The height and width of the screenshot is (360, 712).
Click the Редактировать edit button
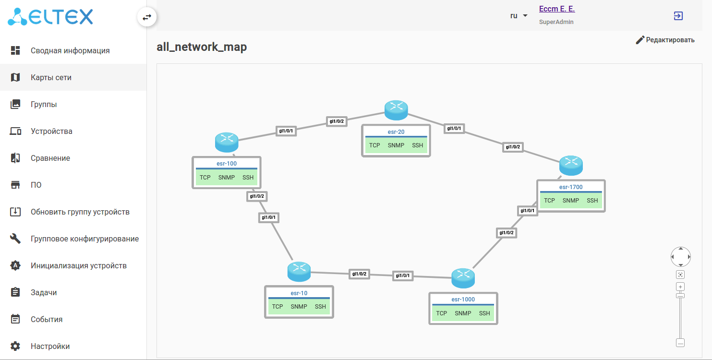click(665, 40)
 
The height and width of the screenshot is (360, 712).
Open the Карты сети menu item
click(51, 77)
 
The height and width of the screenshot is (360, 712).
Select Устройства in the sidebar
click(51, 131)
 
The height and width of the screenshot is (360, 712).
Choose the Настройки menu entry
click(50, 346)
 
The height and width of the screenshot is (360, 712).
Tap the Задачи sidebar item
click(44, 292)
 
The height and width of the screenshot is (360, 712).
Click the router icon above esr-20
click(396, 110)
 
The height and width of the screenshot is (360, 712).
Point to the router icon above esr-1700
click(571, 165)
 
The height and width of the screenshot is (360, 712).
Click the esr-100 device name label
click(227, 164)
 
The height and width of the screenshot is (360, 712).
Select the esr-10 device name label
click(299, 293)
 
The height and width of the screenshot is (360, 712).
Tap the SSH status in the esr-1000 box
click(484, 313)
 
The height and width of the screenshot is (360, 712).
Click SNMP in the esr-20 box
click(396, 145)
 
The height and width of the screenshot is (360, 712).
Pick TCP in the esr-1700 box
click(549, 201)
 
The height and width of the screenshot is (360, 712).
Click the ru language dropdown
click(519, 16)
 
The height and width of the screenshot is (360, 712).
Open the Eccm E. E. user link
click(557, 9)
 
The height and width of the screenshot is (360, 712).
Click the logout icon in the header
click(678, 16)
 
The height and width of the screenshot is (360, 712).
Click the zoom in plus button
click(680, 287)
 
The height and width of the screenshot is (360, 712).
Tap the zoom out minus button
click(680, 343)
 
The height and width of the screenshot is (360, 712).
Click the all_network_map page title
click(202, 47)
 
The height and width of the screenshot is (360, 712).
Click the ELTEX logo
click(50, 17)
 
